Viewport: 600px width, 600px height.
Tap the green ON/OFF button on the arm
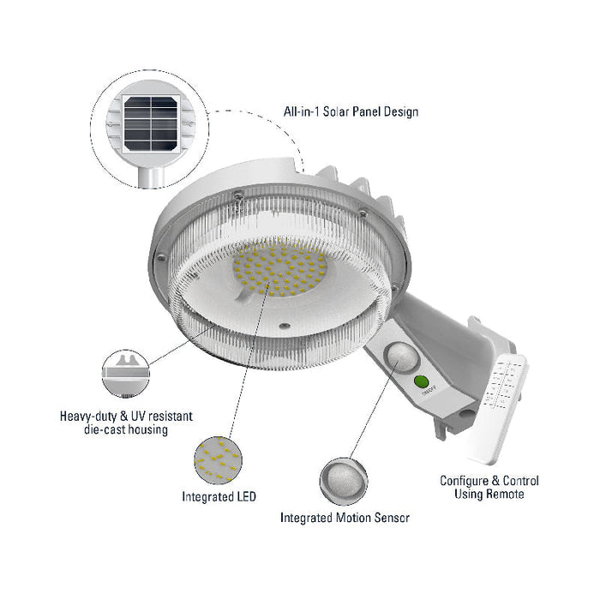[x=421, y=382]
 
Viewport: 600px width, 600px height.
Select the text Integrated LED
[x=217, y=496]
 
